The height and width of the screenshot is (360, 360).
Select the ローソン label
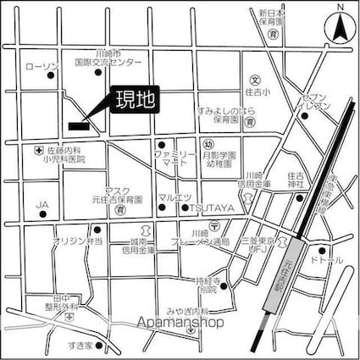click(41, 66)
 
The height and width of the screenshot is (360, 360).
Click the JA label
click(42, 204)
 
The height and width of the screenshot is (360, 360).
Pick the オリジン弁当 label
click(77, 241)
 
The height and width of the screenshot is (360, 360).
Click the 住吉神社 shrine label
click(296, 179)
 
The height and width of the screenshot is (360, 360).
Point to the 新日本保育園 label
click(275, 19)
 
